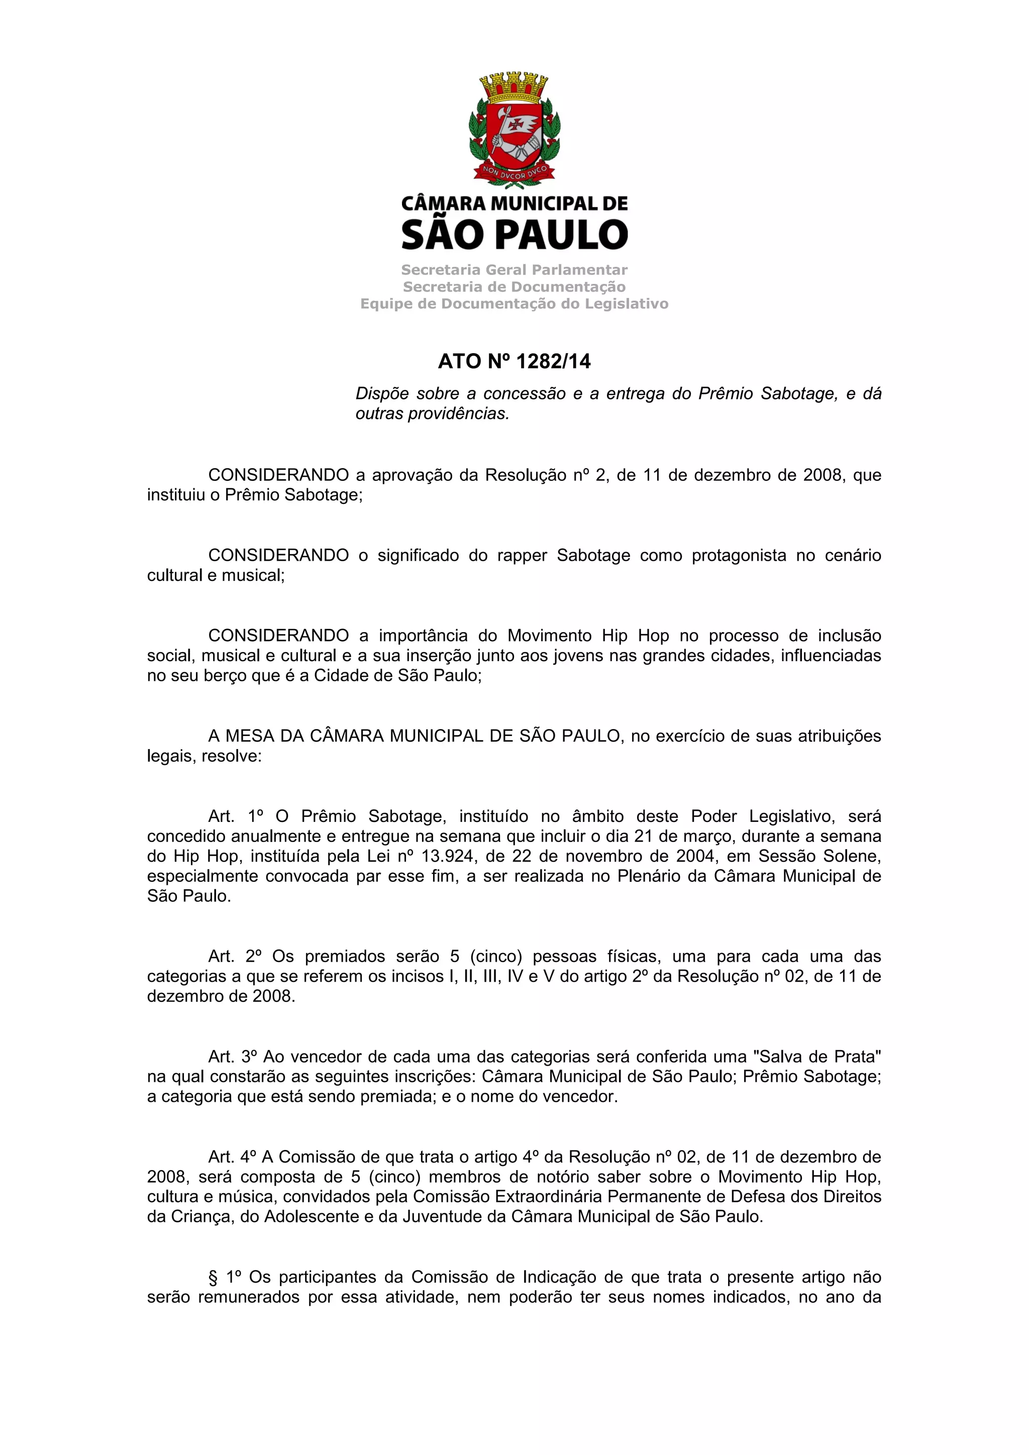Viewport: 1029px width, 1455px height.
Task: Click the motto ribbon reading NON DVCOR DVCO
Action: tap(514, 172)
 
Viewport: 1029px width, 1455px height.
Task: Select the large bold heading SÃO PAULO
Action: tap(514, 235)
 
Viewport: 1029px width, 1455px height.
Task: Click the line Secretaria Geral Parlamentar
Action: tap(514, 270)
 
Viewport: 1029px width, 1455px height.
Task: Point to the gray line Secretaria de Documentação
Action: tap(514, 287)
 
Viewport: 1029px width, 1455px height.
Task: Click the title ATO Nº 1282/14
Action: tap(514, 361)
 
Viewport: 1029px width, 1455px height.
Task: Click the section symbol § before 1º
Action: tap(213, 1278)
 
